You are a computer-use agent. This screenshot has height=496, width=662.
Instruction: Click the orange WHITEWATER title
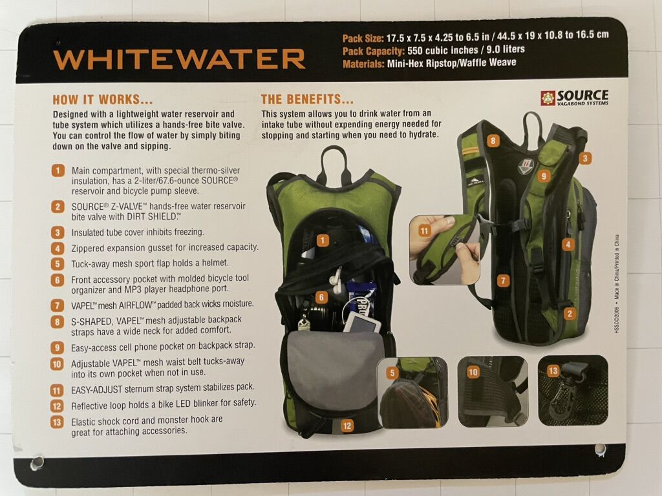click(x=180, y=59)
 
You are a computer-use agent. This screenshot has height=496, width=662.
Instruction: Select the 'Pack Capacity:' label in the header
click(x=373, y=52)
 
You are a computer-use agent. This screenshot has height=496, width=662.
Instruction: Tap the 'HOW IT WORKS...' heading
click(x=103, y=100)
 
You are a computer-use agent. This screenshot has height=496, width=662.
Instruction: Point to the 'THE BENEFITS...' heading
click(x=307, y=99)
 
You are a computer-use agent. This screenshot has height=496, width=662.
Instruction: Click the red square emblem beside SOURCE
click(x=548, y=98)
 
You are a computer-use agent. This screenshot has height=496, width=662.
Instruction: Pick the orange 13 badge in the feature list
click(x=57, y=422)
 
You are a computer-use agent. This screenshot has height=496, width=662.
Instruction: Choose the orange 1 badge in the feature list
click(x=58, y=170)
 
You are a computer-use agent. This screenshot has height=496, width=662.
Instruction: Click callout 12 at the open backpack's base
click(x=347, y=426)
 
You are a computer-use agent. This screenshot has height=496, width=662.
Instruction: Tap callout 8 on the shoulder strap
click(x=493, y=141)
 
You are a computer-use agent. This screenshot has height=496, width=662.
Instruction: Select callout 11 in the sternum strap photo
click(x=424, y=231)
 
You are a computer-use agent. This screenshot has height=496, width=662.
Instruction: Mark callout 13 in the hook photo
click(x=553, y=371)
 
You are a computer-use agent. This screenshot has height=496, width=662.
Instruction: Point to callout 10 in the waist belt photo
click(x=473, y=372)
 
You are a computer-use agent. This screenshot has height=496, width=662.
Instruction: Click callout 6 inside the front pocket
click(x=321, y=297)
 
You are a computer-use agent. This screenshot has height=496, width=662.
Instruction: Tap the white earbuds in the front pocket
click(x=337, y=280)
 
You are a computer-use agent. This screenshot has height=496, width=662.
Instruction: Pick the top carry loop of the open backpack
click(x=334, y=165)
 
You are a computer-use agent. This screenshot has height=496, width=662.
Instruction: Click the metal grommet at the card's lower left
click(x=37, y=462)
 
